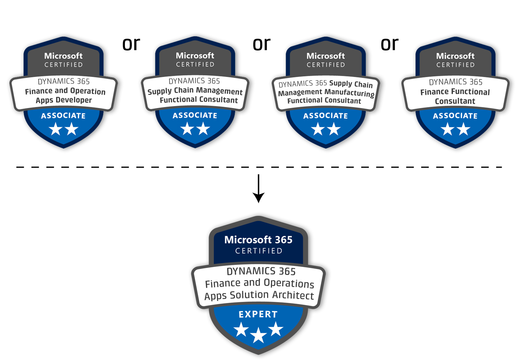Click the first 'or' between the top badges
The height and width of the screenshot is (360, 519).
(x=131, y=44)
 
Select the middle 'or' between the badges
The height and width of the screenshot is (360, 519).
(x=262, y=44)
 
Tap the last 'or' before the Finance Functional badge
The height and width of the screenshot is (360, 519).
(x=390, y=44)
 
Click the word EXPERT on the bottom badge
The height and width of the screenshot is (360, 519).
(x=258, y=314)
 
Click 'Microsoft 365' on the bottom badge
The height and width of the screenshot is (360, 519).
(x=258, y=240)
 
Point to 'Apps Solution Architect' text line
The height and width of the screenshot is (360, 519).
(x=259, y=295)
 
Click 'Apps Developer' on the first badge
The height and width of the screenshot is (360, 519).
(x=64, y=100)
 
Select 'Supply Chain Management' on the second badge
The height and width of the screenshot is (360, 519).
(x=195, y=91)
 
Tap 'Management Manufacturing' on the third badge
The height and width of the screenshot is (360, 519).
(x=326, y=93)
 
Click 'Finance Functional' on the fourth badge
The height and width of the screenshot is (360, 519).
(x=455, y=92)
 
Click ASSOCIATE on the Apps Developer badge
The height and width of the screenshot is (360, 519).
(x=63, y=116)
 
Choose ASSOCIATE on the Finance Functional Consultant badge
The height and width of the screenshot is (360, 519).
(x=455, y=116)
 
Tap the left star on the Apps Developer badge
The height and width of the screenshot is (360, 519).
(x=55, y=129)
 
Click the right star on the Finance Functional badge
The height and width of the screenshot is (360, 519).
(x=463, y=129)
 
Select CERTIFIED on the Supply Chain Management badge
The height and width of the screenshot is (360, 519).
(x=195, y=65)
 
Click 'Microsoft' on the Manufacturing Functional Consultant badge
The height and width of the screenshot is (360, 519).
(x=326, y=56)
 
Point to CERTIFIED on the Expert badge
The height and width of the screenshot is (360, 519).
(x=259, y=251)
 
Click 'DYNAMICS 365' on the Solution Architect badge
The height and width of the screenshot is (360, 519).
(x=261, y=271)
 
